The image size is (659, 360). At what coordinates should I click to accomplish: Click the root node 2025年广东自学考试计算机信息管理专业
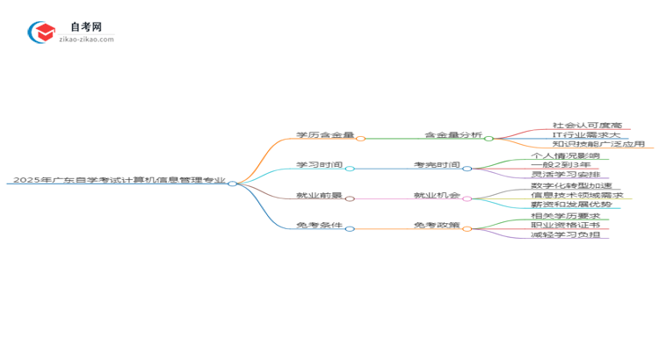coord(119,180)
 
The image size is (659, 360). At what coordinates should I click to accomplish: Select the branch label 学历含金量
coord(324,135)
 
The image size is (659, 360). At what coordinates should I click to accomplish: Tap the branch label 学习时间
coord(318,165)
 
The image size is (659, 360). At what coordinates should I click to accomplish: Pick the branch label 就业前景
coord(318,195)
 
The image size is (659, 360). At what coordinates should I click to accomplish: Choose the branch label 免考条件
coord(318,225)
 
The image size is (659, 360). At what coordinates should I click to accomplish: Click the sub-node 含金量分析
coord(453,135)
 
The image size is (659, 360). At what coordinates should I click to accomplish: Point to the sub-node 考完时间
coord(437,165)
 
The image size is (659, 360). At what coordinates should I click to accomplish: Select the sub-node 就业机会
coord(437,195)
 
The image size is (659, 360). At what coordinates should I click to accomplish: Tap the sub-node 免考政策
coord(437,225)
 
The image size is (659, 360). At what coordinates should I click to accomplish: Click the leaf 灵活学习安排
coord(569,175)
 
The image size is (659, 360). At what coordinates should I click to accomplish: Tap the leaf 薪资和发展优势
coord(576,205)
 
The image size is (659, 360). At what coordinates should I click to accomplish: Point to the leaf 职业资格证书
coord(569,225)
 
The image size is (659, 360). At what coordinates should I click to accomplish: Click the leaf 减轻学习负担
coord(569,234)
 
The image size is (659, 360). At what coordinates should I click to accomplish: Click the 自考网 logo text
coord(86,27)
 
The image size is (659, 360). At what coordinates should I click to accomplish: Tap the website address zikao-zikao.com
coord(86,40)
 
